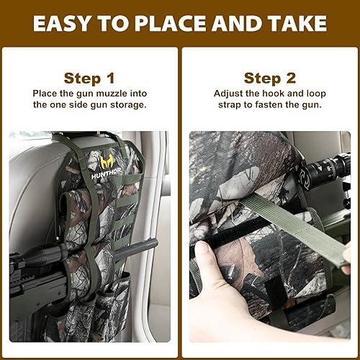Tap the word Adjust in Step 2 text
[x=230, y=94]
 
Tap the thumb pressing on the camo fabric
[x=206, y=255]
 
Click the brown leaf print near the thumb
[x=241, y=263]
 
